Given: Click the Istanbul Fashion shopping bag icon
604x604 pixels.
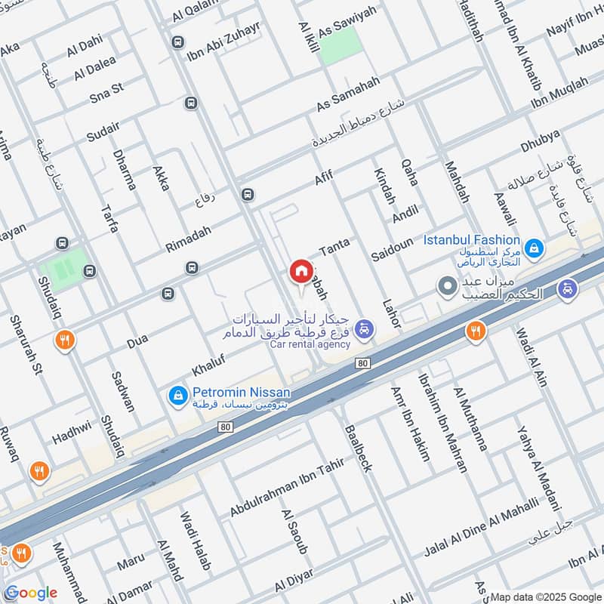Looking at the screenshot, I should [x=534, y=248].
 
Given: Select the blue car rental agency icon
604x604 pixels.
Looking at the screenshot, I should [x=365, y=328].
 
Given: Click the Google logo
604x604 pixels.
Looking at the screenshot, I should [x=31, y=593].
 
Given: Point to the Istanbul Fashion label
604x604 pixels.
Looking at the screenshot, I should [x=471, y=240].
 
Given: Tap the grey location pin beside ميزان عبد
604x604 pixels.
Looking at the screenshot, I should [x=447, y=287].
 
